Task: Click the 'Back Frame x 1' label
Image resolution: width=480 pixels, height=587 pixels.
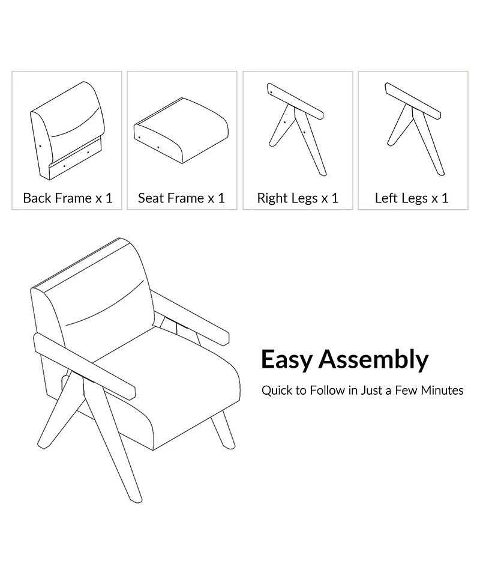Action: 68,198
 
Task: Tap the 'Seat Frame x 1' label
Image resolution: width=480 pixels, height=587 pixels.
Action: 182,198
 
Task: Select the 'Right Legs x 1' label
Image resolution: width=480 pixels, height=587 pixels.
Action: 298,198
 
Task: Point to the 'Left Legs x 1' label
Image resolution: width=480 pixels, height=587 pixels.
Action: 412,198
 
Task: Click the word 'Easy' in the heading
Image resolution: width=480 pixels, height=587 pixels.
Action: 286,360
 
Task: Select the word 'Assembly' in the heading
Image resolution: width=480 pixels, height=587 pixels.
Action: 373,360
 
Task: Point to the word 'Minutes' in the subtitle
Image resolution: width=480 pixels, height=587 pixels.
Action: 442,391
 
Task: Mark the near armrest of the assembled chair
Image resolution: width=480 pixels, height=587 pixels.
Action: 84,365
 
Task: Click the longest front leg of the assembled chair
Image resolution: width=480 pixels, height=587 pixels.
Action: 112,442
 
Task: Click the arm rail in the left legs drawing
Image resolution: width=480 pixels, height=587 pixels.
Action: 413,100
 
